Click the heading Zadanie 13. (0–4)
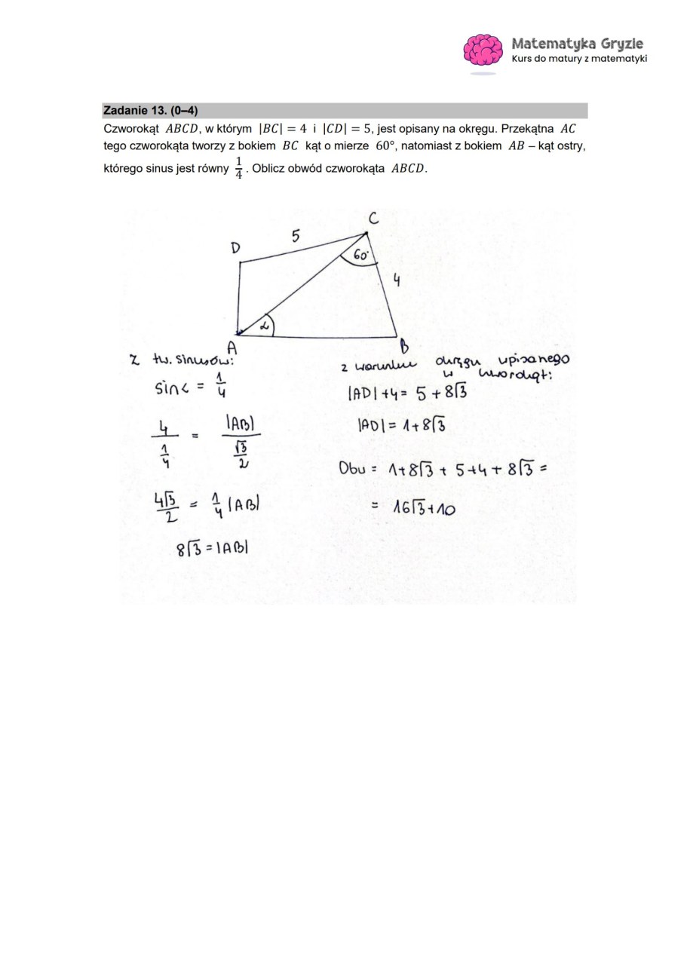point(151,111)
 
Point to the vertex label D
point(235,248)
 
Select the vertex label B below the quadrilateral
point(404,348)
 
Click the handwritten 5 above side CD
point(296,236)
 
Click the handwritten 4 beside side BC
point(397,280)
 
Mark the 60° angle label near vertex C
point(362,256)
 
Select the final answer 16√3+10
point(423,508)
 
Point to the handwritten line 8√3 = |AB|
point(212,548)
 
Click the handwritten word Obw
point(351,467)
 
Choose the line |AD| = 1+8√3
point(401,425)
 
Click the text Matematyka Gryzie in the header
point(577,44)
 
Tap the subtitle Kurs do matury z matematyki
point(579,59)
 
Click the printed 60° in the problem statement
point(385,145)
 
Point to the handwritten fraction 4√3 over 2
point(166,507)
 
